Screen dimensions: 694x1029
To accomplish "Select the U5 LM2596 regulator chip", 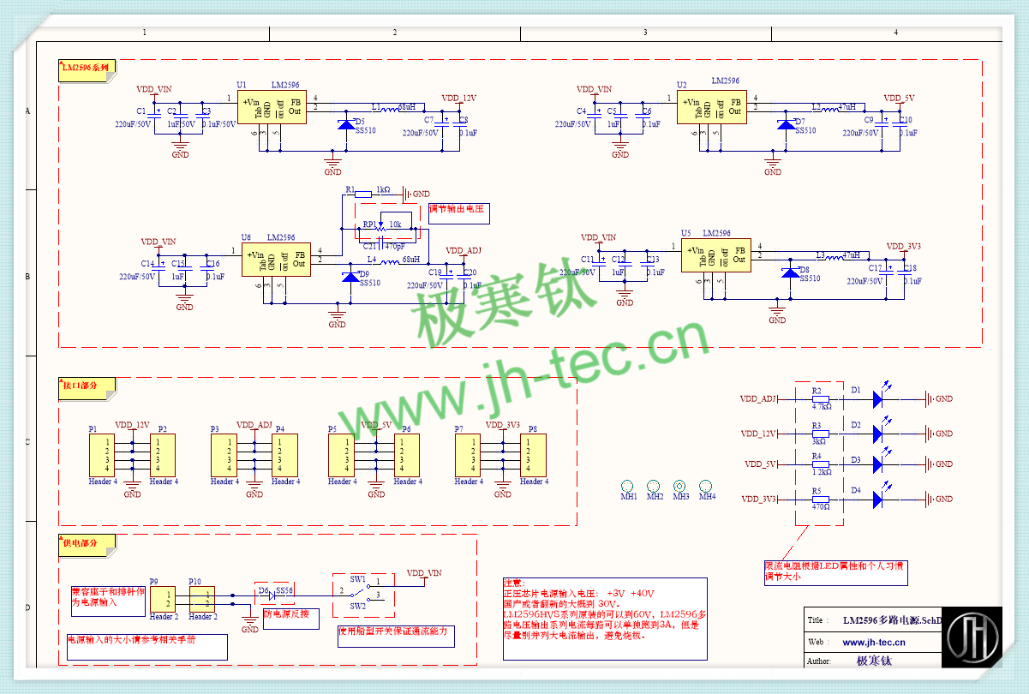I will click(715, 255).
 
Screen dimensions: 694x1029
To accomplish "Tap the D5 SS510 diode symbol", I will click(346, 124).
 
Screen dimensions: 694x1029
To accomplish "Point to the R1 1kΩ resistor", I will click(366, 193).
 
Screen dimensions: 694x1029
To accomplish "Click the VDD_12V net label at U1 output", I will click(458, 98).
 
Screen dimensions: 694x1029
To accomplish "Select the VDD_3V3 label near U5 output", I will click(903, 246).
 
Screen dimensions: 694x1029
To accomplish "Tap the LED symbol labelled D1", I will click(878, 398).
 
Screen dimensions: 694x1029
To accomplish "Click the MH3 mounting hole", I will click(680, 486).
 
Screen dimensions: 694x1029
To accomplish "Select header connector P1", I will click(102, 455).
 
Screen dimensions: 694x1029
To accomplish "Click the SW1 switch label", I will click(357, 578).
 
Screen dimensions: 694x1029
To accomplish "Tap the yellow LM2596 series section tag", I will click(85, 70).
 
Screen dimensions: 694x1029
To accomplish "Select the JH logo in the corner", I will click(972, 637).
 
